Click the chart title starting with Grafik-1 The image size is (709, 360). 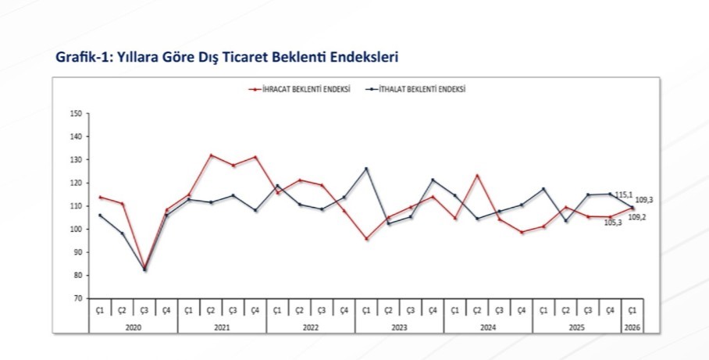pos(227,58)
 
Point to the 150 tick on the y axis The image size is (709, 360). pos(76,113)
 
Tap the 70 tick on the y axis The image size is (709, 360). pos(77,298)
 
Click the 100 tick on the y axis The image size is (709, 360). pos(76,229)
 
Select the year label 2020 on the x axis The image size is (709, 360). pos(133,326)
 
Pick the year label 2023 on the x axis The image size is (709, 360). pos(399,326)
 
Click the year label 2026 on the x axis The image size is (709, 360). pos(632,326)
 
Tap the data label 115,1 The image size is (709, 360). pos(624,194)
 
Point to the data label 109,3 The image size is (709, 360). pos(644,200)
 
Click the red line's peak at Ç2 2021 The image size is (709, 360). pos(211,155)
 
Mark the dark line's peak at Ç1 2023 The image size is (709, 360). pos(366,169)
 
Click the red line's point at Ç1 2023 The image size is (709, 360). pos(366,239)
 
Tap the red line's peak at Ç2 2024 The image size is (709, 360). pos(477,175)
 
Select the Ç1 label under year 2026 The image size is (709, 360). pos(632,311)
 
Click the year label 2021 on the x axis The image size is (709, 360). pos(222,326)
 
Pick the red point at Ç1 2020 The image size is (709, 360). pos(100,197)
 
